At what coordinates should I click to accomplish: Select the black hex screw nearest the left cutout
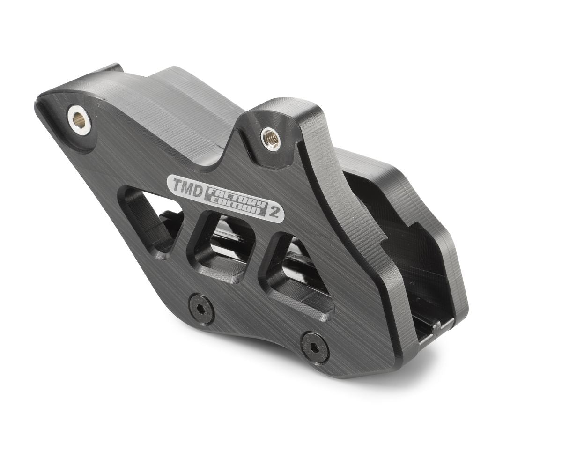(x=201, y=309)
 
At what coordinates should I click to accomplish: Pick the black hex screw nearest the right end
(x=314, y=347)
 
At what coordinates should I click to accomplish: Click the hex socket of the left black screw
(x=201, y=309)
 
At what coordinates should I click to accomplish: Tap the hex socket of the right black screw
(x=314, y=347)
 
